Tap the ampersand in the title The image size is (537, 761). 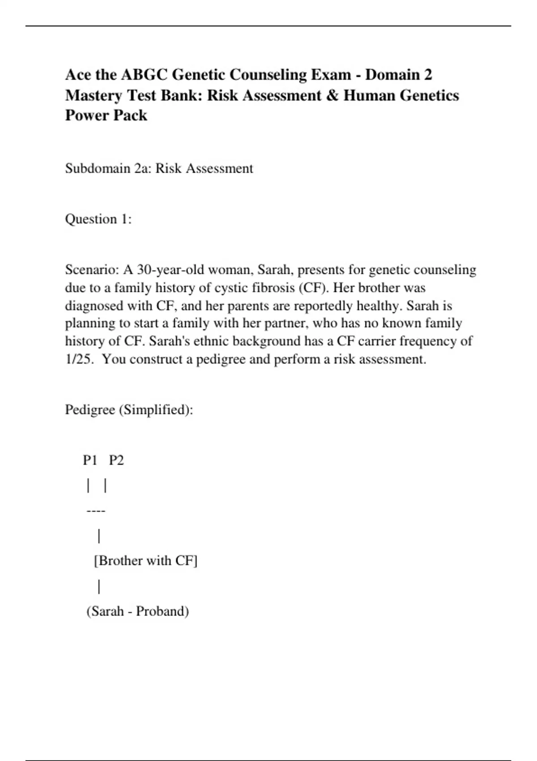[332, 95]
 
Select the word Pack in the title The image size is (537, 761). [130, 115]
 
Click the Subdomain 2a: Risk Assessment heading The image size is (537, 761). [159, 168]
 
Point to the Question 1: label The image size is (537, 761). [98, 219]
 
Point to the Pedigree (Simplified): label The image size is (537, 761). [129, 410]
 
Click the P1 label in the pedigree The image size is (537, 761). [90, 460]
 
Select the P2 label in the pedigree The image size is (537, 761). [116, 460]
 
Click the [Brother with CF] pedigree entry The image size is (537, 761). [145, 561]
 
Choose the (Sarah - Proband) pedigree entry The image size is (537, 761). [137, 611]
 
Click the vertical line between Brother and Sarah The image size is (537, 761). [99, 586]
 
